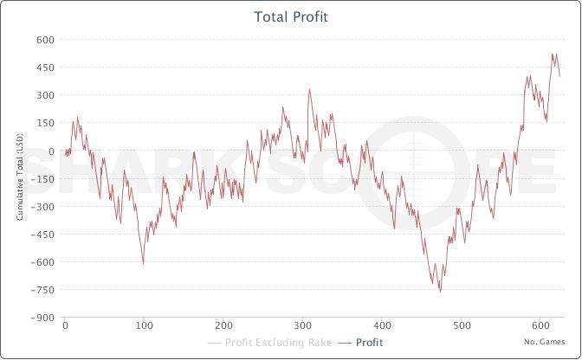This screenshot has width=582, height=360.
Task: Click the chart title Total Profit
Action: [x=290, y=16]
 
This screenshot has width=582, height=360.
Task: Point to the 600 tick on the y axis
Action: [x=45, y=40]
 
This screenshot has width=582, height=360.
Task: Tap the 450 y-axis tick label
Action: [x=45, y=67]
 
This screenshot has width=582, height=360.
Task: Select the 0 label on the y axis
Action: [x=51, y=151]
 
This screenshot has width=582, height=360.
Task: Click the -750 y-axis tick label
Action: [x=42, y=290]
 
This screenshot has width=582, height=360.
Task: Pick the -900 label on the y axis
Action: [x=42, y=318]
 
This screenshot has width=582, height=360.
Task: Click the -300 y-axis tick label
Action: [x=42, y=207]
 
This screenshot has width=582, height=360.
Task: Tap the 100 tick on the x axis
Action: [x=144, y=326]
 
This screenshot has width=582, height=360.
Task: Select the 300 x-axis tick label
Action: [x=302, y=326]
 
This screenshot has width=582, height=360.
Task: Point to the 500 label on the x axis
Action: [x=461, y=326]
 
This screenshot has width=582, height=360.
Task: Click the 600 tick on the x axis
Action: [x=540, y=326]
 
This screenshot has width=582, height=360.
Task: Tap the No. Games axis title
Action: [x=545, y=342]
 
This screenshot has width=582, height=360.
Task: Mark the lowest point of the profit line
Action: [x=440, y=292]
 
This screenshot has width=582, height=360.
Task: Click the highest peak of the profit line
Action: [x=553, y=54]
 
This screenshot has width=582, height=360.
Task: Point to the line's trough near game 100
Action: [x=143, y=263]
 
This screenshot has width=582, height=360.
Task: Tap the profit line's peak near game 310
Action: [x=309, y=88]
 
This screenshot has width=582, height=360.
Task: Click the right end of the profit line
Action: [x=560, y=76]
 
